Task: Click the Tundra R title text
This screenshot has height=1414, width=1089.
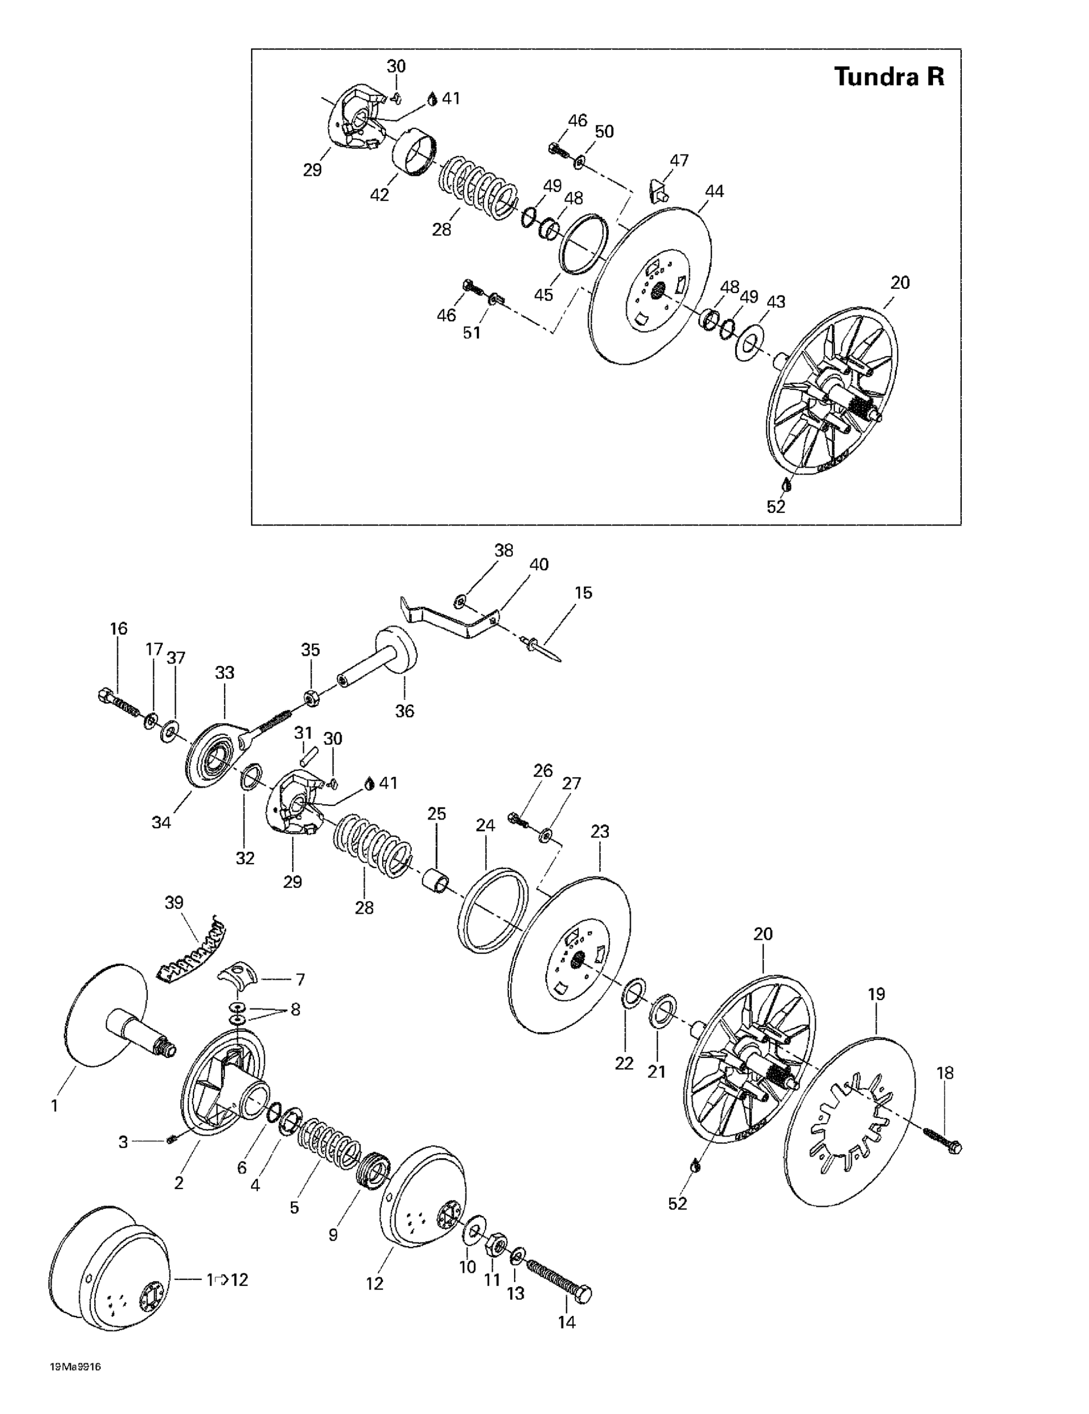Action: (x=889, y=76)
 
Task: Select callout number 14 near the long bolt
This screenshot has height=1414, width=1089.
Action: (x=566, y=1322)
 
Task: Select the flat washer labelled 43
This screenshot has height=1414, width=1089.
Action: (x=749, y=342)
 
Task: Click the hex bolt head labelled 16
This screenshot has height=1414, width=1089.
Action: (x=104, y=697)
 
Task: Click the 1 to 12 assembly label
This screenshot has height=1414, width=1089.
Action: (x=227, y=1280)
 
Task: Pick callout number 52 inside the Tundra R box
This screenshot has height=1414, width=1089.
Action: (x=776, y=507)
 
